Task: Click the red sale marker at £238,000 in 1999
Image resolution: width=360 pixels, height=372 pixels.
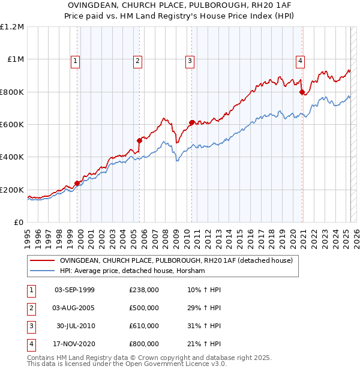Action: [x=77, y=184]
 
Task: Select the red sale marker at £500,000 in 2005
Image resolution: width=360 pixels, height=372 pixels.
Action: [x=139, y=141]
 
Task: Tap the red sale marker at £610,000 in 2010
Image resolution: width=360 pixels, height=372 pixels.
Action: [x=191, y=123]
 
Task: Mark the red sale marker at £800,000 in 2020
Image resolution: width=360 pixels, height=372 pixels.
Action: [x=302, y=92]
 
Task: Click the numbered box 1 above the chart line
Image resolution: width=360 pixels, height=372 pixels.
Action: [x=76, y=60]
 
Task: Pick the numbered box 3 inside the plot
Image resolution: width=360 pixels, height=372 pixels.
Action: [x=190, y=60]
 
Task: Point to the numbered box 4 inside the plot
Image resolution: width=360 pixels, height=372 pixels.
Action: [x=299, y=60]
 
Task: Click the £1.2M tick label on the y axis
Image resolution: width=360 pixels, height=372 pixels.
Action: [x=12, y=27]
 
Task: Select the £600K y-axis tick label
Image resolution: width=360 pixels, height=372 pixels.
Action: [x=12, y=125]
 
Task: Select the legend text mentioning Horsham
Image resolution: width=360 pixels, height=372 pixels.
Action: [x=132, y=271]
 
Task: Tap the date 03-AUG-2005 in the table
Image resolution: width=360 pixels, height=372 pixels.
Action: [x=74, y=308]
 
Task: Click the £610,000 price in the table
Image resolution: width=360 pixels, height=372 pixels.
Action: [x=144, y=326]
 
